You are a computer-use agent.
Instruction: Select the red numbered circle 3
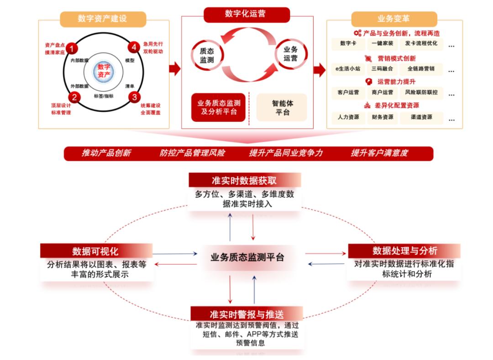[x=134, y=97]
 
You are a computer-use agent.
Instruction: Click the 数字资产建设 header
[x=103, y=19]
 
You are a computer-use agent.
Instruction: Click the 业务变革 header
[x=393, y=19]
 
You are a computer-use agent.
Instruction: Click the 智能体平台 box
[x=282, y=108]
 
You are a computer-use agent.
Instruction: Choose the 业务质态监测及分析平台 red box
[x=219, y=108]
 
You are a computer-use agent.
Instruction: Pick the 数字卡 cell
[x=348, y=44]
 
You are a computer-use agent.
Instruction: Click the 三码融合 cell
[x=382, y=69]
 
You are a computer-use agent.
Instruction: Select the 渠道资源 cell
[x=421, y=117]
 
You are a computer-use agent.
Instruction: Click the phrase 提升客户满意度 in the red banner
[x=379, y=153]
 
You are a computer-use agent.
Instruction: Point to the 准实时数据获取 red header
[x=245, y=180]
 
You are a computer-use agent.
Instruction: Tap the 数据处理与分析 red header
[x=404, y=251]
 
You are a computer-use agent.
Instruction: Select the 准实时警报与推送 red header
[x=246, y=314]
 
